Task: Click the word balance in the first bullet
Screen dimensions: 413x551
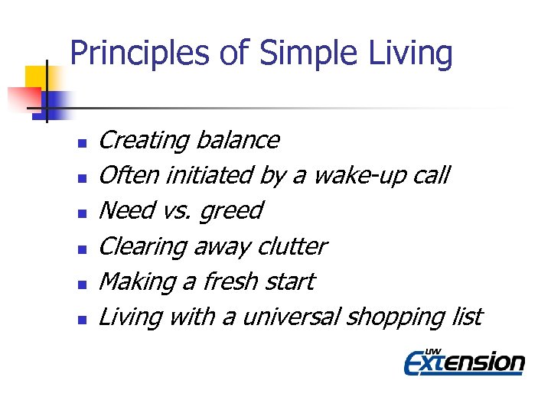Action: pos(237,141)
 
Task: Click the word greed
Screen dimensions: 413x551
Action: pos(230,211)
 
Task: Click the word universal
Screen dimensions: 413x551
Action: pos(292,317)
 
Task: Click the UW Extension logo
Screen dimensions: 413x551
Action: pos(464,361)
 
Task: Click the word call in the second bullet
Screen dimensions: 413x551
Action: pos(432,176)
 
